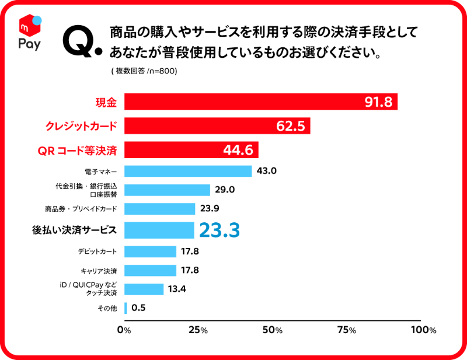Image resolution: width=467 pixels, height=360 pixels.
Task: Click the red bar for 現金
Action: [x=260, y=102]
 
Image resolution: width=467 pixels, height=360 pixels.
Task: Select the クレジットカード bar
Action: [x=217, y=126]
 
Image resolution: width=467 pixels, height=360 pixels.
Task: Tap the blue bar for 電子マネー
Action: [x=187, y=171]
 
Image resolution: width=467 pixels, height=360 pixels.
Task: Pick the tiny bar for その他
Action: [x=126, y=307]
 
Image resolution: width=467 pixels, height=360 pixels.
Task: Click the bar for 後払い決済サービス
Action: [x=159, y=230]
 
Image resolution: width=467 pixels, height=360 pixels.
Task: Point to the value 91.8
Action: [x=378, y=102]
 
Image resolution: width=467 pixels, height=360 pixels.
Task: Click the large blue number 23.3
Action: [x=219, y=230]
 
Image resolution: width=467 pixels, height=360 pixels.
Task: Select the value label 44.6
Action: [x=238, y=150]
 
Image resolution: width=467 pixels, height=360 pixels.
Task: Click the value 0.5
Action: [x=138, y=307]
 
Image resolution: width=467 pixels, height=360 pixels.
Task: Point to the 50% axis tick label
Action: [x=273, y=330]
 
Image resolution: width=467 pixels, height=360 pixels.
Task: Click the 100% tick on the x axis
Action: [x=423, y=330]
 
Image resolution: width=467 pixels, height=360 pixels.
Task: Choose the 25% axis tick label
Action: [x=198, y=330]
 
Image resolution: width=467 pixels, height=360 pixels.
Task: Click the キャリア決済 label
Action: [x=99, y=271]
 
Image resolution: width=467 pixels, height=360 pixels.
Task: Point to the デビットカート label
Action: [x=97, y=251]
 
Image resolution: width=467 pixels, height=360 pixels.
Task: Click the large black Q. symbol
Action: [x=81, y=42]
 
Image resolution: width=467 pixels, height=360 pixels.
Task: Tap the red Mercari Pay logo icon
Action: [x=29, y=27]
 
